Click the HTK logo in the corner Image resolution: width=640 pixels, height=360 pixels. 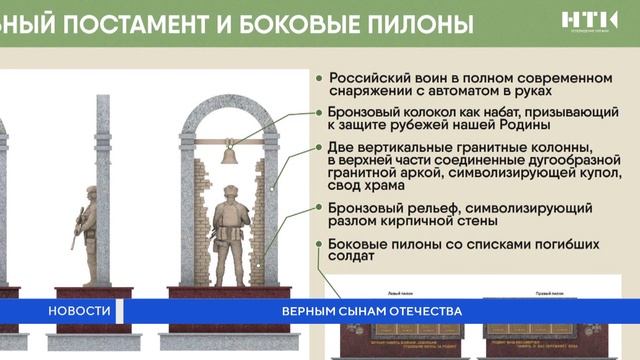589,21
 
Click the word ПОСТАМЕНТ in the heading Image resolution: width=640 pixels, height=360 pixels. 151,21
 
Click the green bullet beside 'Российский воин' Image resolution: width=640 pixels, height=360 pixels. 319,78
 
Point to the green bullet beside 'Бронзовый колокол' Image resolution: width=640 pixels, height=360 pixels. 319,112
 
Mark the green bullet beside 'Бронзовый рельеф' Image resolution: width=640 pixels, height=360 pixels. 319,206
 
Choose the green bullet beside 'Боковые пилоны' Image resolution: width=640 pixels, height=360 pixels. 319,243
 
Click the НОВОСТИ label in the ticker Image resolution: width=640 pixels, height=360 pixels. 79,311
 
